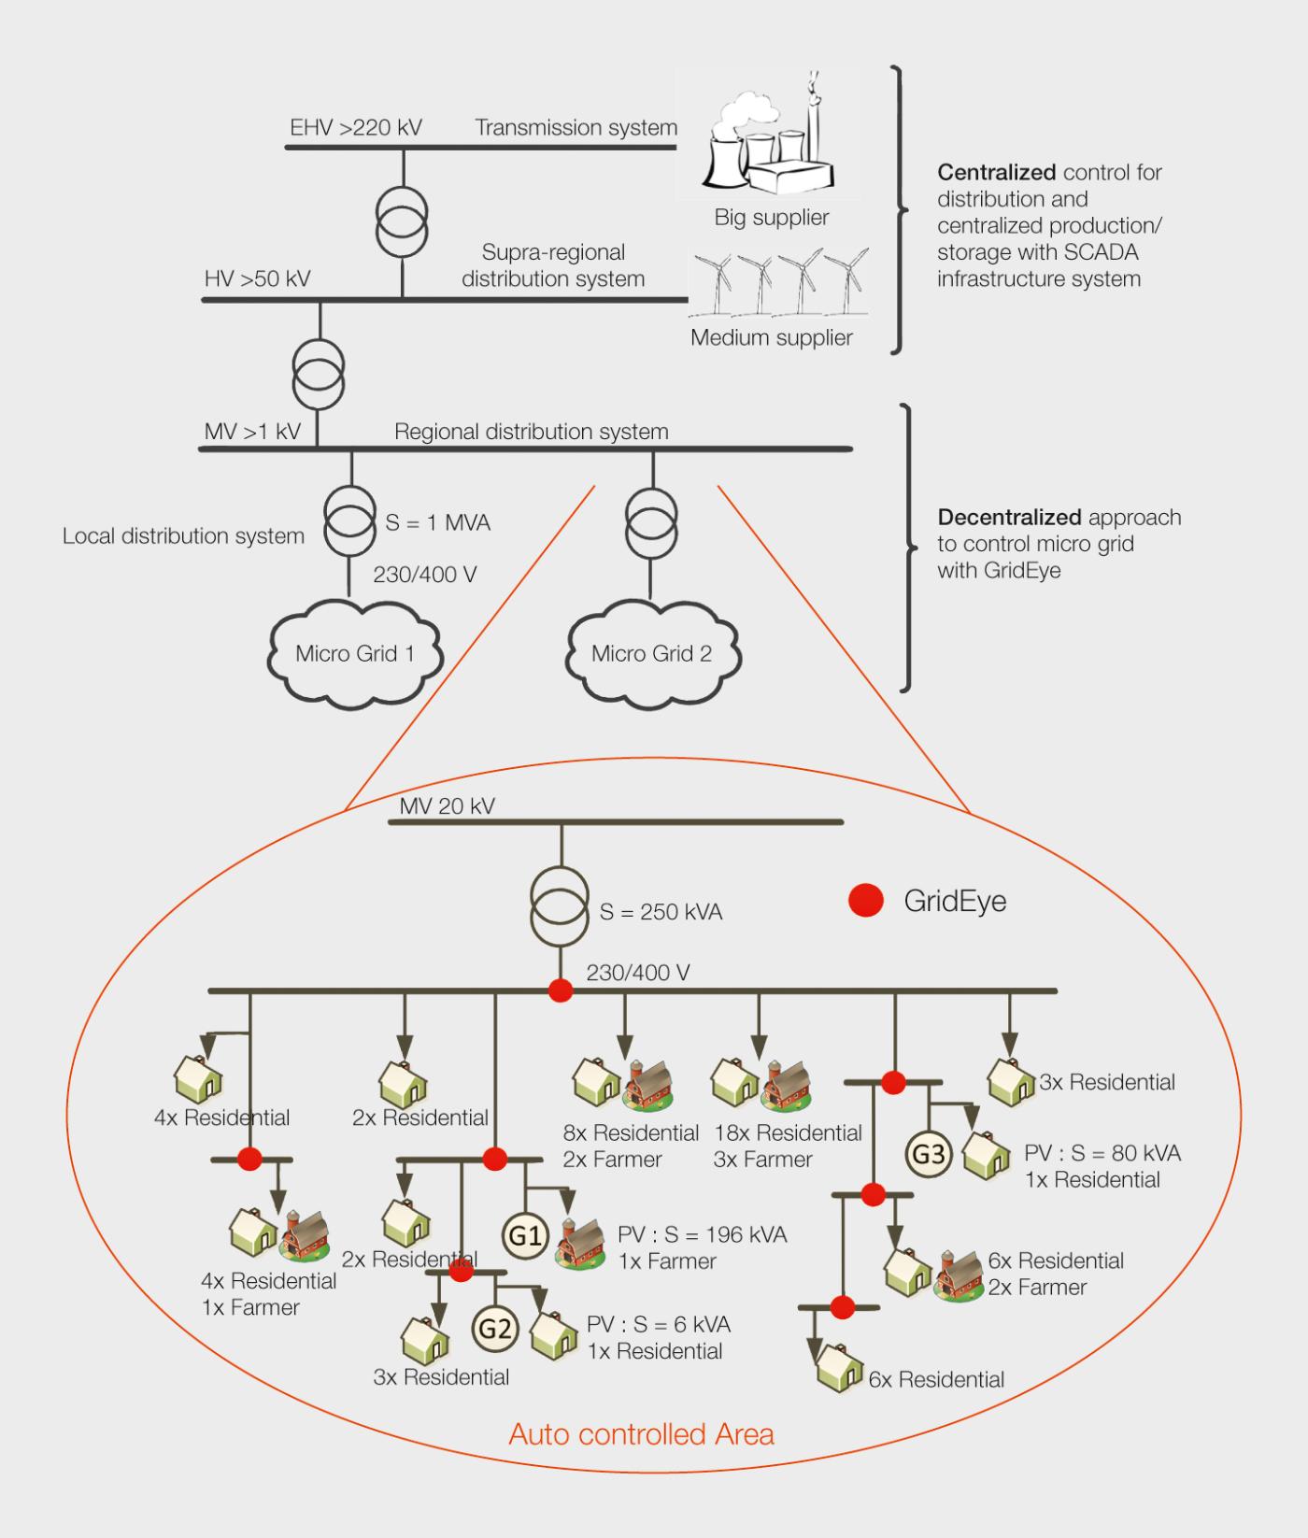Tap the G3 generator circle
point(928,1154)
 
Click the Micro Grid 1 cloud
point(354,653)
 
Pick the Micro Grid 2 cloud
point(651,653)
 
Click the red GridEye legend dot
point(866,901)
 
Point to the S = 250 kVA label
point(661,912)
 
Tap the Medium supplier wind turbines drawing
point(779,280)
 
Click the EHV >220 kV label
point(356,127)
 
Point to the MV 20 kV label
point(447,805)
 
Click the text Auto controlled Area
point(641,1433)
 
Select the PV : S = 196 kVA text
point(703,1234)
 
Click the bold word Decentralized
point(1011,517)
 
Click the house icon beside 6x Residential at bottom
point(839,1370)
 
